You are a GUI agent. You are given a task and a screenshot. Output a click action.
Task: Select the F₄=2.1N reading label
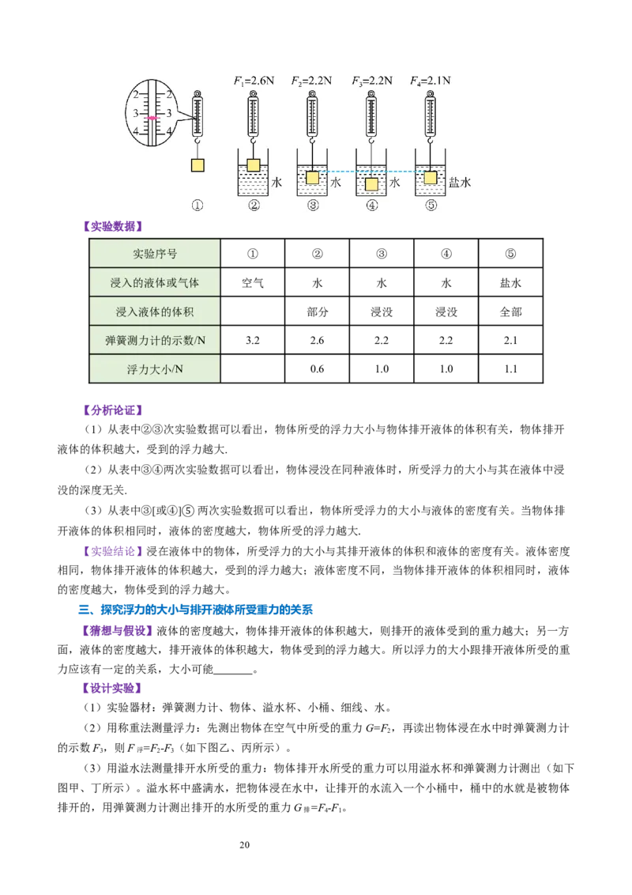(x=431, y=81)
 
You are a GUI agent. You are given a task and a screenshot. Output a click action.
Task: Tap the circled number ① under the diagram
(x=197, y=206)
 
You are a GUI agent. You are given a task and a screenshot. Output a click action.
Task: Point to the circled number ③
(x=313, y=206)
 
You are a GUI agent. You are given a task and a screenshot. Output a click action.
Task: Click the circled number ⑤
(x=431, y=206)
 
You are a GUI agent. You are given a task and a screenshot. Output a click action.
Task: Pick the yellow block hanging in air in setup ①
(x=197, y=164)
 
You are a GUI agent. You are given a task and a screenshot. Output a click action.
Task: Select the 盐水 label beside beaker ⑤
(x=461, y=183)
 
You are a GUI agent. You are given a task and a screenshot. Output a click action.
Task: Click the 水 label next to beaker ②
(x=276, y=183)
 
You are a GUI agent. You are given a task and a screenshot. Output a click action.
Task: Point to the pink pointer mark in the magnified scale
(x=154, y=118)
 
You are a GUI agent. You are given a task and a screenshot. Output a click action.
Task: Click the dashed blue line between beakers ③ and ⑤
(x=371, y=172)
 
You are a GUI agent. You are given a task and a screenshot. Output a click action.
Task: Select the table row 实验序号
(x=155, y=254)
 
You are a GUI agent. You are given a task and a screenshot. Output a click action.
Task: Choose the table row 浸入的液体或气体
(x=155, y=282)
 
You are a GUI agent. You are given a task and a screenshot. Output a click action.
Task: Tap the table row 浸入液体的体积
(x=155, y=312)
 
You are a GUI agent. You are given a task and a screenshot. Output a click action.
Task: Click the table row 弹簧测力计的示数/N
(x=155, y=341)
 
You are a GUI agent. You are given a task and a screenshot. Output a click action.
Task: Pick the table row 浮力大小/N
(x=155, y=369)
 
